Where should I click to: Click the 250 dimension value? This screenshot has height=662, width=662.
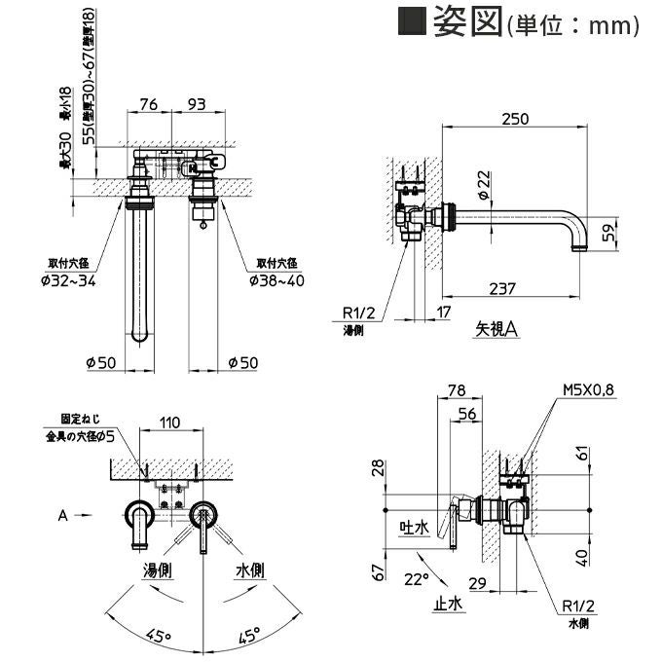516,119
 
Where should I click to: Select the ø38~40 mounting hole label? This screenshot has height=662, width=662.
277,281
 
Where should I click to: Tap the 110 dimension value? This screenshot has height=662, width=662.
170,423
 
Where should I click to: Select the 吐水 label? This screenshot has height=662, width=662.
415,527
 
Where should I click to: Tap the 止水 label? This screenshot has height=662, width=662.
449,603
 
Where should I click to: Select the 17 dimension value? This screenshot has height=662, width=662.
444,312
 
